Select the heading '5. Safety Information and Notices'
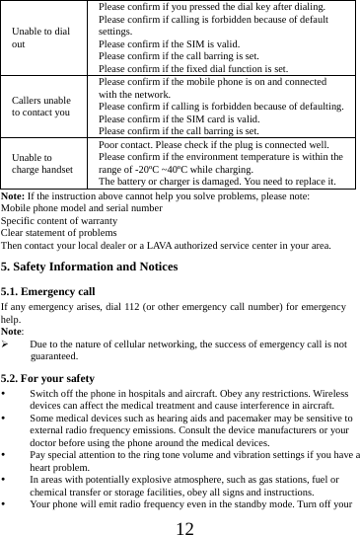(90, 267)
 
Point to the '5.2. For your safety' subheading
(48, 378)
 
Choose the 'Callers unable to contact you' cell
(40, 107)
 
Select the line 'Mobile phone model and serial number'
(82, 209)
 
